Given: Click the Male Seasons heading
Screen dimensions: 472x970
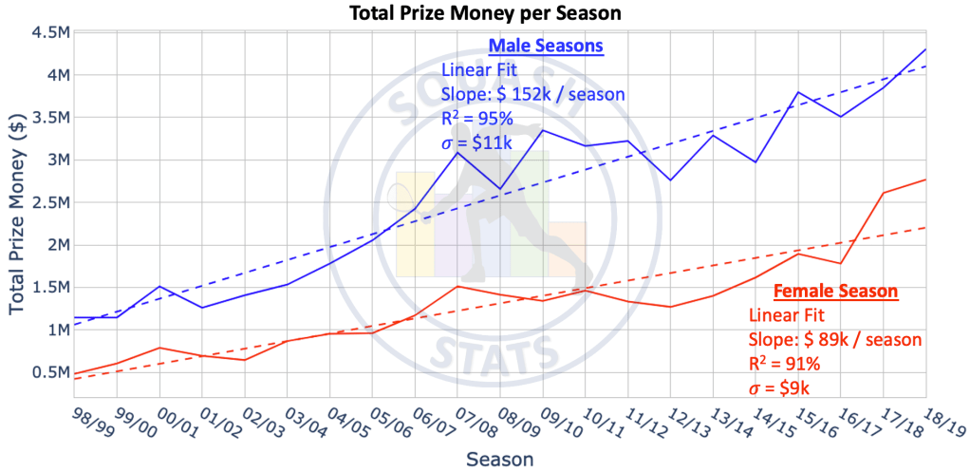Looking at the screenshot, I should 546,46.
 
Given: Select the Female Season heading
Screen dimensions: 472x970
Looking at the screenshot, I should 836,292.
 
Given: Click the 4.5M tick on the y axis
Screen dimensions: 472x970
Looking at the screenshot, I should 49,32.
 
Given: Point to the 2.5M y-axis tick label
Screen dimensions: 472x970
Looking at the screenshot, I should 49,202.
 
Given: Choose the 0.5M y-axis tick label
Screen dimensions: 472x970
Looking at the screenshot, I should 49,371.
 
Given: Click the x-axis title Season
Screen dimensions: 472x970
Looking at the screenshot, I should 499,459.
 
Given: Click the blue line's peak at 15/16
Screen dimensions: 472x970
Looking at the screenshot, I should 798,92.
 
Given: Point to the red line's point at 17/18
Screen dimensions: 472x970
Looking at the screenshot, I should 884,193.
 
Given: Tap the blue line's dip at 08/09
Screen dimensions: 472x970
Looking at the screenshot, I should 500,189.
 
